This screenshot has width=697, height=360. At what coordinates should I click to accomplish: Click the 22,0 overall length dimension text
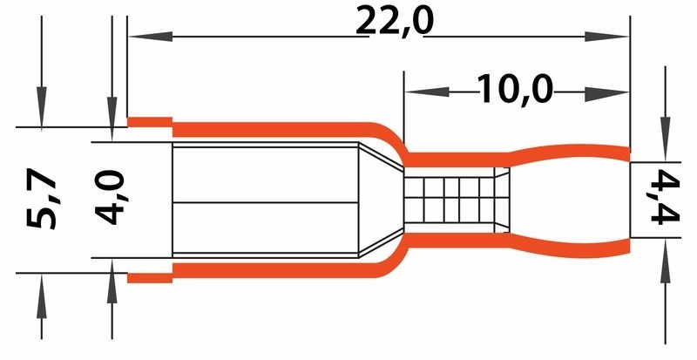[x=394, y=21]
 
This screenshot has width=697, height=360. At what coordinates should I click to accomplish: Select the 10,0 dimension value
[x=515, y=88]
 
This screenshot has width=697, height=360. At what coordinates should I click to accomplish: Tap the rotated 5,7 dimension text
[x=41, y=200]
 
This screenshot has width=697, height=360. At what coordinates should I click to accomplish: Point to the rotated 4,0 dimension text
[x=112, y=198]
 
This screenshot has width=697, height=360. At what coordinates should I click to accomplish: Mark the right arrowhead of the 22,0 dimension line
[x=615, y=37]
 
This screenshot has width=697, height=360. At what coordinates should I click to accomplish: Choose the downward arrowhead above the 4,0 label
[x=112, y=126]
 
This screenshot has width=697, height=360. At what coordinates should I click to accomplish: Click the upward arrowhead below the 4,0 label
[x=112, y=274]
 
